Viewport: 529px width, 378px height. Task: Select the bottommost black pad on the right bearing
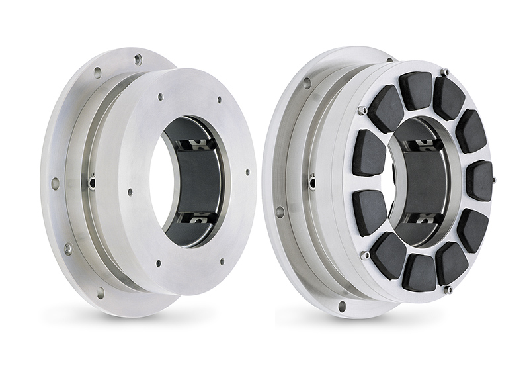pos(418,271)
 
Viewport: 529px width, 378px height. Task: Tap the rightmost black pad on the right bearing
pos(479,180)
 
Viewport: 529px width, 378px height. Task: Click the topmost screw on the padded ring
pos(444,72)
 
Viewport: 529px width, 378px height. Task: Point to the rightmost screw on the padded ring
pos(493,179)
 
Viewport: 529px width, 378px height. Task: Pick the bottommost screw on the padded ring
pos(447,289)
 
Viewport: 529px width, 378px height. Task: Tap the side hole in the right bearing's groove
pos(311,178)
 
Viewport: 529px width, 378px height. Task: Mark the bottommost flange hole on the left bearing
pos(101,291)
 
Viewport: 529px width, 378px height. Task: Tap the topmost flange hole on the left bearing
pos(138,60)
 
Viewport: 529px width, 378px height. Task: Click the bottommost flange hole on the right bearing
pos(341,306)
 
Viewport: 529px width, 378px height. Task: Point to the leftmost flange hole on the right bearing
pos(280,212)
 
